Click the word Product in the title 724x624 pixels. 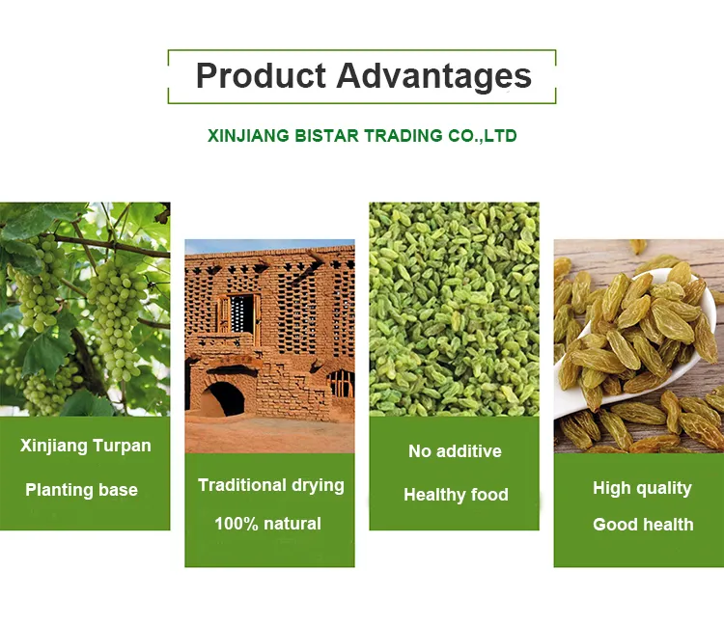260,76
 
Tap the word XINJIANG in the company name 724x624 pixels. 248,136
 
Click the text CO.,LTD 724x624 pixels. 482,136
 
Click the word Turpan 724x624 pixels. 121,447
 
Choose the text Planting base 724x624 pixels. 81,490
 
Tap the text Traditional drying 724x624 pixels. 270,485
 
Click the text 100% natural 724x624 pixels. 267,524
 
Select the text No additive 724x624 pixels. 455,451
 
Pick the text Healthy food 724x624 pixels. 456,495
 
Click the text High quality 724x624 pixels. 642,488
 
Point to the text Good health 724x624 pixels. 643,525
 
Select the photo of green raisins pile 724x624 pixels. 454,309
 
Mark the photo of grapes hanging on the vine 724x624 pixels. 85,309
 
